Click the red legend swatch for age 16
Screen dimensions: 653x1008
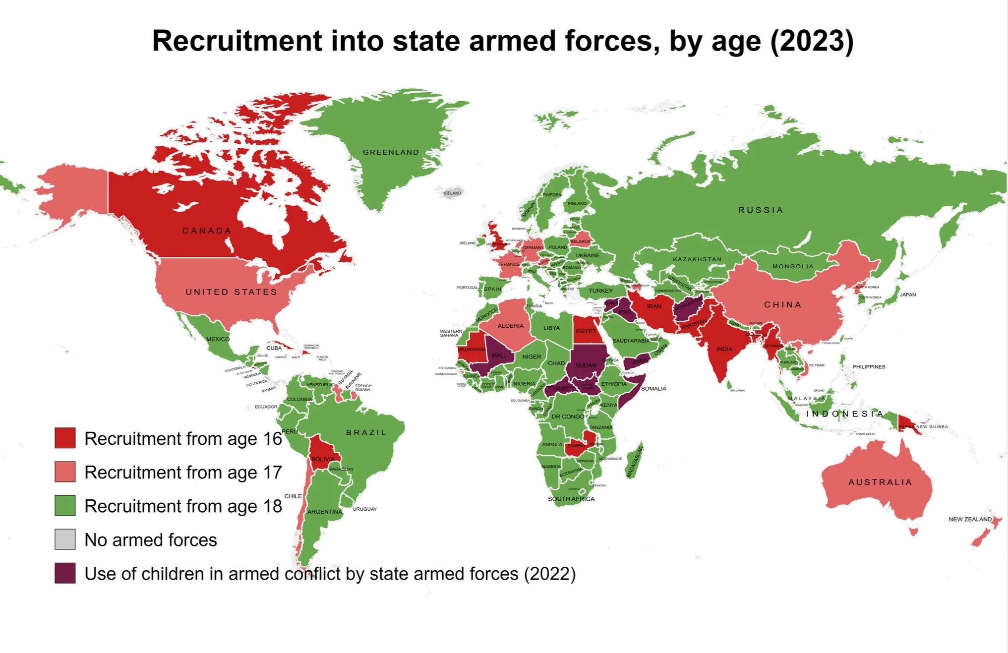[65, 438]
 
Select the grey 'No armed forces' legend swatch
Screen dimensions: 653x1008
[65, 539]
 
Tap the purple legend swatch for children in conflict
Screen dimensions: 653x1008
[65, 573]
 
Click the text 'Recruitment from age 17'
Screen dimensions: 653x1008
[183, 473]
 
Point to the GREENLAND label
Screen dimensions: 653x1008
[391, 152]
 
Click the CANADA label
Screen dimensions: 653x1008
[207, 231]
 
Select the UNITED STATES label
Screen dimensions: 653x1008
[231, 292]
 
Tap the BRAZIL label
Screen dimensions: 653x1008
[366, 432]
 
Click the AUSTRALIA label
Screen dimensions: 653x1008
[880, 482]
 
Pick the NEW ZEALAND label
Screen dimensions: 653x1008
[970, 519]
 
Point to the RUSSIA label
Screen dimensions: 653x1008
[761, 210]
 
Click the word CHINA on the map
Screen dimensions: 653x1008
[782, 304]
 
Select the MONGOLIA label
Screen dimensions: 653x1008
[793, 266]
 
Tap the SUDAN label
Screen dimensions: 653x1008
[586, 365]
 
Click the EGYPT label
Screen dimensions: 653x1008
[586, 331]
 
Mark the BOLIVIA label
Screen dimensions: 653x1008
[323, 459]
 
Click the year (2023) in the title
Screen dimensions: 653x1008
[812, 41]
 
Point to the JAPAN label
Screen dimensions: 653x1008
[907, 295]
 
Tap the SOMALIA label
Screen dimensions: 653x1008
[653, 389]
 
